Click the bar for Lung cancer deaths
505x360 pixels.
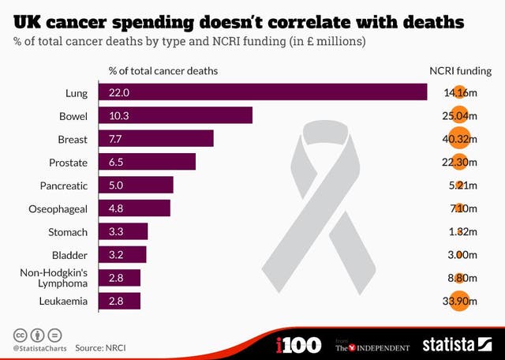click(x=262, y=92)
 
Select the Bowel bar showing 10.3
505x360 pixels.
click(x=174, y=115)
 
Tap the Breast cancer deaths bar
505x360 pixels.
click(x=155, y=138)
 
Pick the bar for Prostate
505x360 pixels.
click(x=147, y=162)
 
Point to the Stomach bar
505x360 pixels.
click(x=123, y=231)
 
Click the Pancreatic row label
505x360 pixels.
click(x=63, y=186)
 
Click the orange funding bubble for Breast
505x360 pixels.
click(x=458, y=139)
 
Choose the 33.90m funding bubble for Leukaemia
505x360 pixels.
click(x=458, y=301)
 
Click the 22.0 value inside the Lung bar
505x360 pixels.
click(x=118, y=93)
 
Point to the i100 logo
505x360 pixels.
click(x=298, y=345)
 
